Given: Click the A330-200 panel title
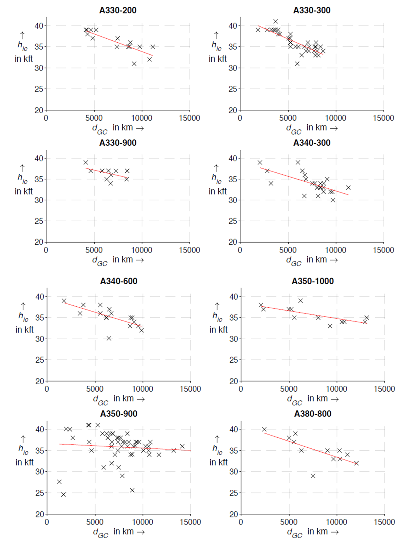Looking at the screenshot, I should [118, 10].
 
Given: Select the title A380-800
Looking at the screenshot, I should [312, 414].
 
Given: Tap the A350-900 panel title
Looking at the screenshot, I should [119, 414].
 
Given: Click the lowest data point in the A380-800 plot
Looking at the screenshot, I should [313, 476].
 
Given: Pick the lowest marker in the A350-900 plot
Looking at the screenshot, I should [63, 494].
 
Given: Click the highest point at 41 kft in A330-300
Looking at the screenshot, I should [275, 21].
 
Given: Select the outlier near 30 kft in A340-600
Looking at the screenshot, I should [109, 338].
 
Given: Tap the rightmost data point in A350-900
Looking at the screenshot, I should [182, 446].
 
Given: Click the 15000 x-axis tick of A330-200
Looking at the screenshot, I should [190, 118].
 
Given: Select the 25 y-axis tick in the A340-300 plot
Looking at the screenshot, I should [233, 221].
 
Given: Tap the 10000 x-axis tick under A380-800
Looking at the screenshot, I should [336, 522].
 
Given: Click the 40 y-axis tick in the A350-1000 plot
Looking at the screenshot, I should [233, 297].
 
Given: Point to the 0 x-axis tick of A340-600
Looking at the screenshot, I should [47, 389].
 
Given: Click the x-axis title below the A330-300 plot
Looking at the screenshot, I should [312, 128].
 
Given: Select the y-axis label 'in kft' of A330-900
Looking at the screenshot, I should [24, 191].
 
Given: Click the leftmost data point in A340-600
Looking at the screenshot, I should [64, 301].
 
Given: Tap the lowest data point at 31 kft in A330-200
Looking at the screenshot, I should [134, 64].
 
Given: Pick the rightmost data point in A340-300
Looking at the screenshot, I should [348, 187].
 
